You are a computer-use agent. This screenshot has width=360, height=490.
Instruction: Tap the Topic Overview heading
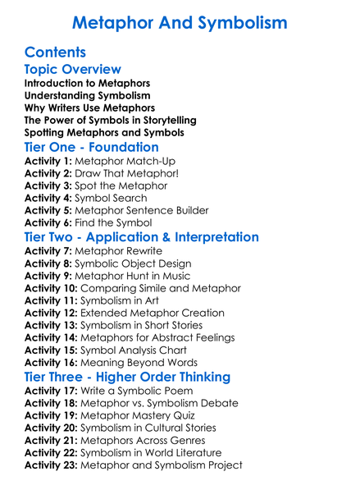pyautogui.click(x=72, y=70)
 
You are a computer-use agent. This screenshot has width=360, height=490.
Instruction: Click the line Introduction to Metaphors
pyautogui.click(x=87, y=84)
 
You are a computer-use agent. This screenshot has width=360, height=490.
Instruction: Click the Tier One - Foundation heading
pyautogui.click(x=91, y=147)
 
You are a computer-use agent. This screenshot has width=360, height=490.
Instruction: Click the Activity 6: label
pyautogui.click(x=48, y=222)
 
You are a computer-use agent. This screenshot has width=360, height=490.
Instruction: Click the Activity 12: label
pyautogui.click(x=51, y=313)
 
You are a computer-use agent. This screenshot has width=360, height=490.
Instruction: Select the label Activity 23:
pyautogui.click(x=51, y=465)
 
